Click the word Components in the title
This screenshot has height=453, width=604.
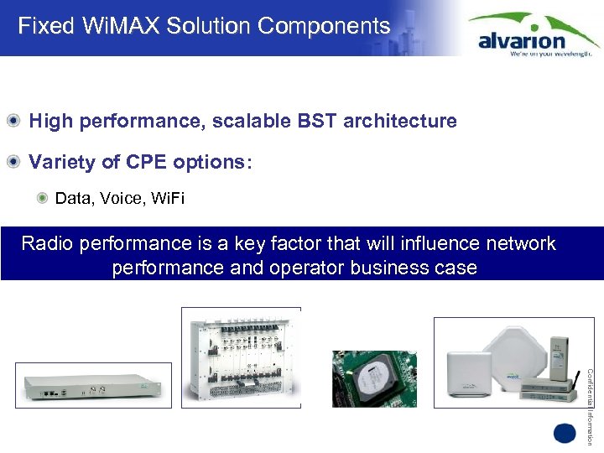pyautogui.click(x=324, y=26)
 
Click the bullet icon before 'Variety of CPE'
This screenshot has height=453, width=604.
pyautogui.click(x=14, y=161)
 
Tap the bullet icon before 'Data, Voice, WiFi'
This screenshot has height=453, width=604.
pyautogui.click(x=42, y=199)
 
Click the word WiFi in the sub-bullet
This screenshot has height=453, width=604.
pyautogui.click(x=168, y=199)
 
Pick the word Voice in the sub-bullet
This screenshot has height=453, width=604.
pyautogui.click(x=119, y=199)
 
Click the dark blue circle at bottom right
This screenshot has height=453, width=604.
pyautogui.click(x=565, y=433)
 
